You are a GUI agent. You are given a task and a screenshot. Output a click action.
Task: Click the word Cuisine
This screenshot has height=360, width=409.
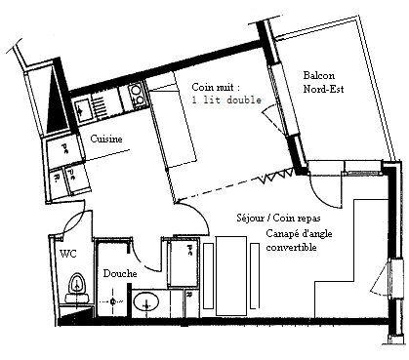tap(106, 140)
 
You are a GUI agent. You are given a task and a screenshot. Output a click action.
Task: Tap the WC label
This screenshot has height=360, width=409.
tap(67, 254)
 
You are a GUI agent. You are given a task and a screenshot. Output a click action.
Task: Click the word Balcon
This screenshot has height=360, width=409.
tap(319, 76)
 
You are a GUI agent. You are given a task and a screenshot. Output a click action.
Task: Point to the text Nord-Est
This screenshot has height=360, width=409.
tap(324, 92)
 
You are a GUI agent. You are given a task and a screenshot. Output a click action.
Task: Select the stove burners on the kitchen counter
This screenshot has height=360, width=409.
tap(136, 96)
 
